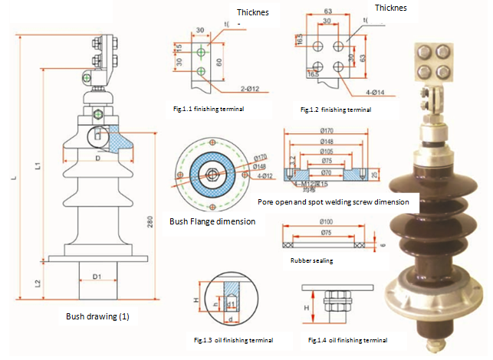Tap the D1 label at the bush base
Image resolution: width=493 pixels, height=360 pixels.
tap(97, 276)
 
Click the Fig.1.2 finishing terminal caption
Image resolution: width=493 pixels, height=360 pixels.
tap(335, 110)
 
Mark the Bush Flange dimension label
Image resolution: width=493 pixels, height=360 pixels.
tap(212, 222)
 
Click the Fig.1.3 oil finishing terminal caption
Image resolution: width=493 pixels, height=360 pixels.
tap(232, 339)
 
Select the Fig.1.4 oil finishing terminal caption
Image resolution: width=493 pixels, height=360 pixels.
tap(347, 339)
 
